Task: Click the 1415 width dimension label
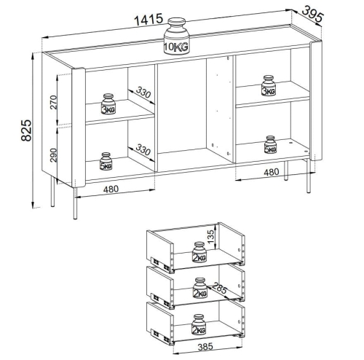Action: tap(149, 19)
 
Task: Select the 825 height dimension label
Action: tap(26, 130)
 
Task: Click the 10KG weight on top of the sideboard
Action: tap(176, 36)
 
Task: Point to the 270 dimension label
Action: tap(53, 102)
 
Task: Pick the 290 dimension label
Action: tap(53, 155)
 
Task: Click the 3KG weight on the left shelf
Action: tap(108, 103)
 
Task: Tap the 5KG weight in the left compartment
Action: tap(106, 161)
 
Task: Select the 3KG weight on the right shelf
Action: tap(269, 85)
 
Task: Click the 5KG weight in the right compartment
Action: tap(270, 145)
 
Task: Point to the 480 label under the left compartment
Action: tap(111, 189)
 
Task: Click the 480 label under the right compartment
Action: tap(272, 172)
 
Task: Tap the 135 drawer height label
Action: tap(210, 236)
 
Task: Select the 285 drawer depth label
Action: tap(219, 288)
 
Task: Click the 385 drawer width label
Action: tap(205, 347)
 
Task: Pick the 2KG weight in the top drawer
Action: tap(199, 252)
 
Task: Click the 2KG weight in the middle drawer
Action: tap(200, 288)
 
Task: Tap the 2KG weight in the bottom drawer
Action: tap(199, 324)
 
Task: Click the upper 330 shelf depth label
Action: tap(143, 92)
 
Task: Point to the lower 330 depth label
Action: tap(143, 149)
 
